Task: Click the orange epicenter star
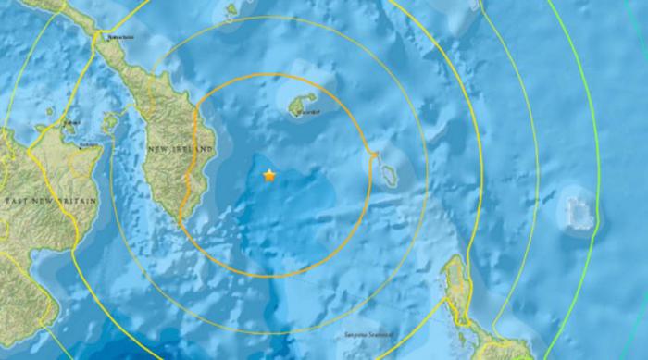tap(269, 175)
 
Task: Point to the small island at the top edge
tap(231, 11)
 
